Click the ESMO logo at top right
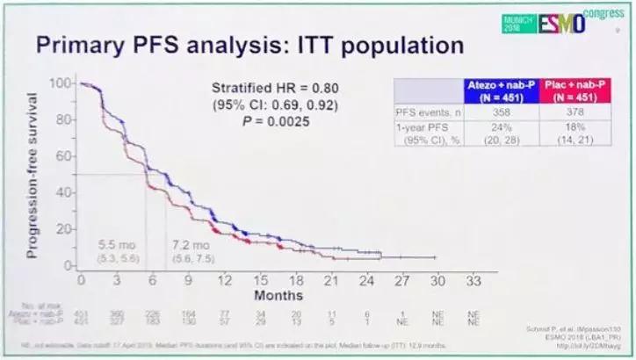[x=554, y=22]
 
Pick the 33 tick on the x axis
[x=473, y=280]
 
